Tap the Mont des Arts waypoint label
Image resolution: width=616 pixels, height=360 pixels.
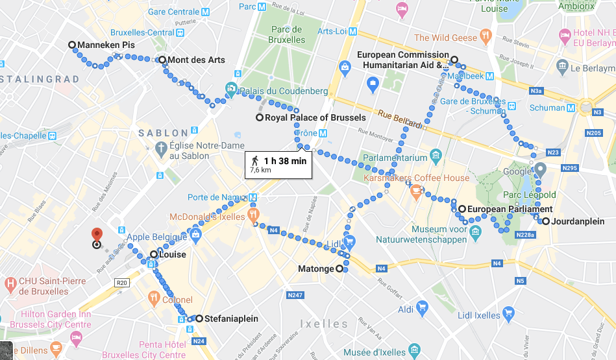click(x=195, y=60)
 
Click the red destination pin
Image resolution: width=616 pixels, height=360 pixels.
click(x=97, y=235)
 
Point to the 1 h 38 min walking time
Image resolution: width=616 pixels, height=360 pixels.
click(x=284, y=160)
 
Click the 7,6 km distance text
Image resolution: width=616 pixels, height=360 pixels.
click(x=260, y=171)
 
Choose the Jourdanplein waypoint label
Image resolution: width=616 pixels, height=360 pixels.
click(x=578, y=222)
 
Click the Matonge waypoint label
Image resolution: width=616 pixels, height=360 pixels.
click(x=315, y=269)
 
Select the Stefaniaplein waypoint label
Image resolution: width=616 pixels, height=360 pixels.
click(x=230, y=318)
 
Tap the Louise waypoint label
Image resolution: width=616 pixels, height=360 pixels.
click(x=172, y=255)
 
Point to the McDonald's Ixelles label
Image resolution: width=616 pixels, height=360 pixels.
click(x=207, y=217)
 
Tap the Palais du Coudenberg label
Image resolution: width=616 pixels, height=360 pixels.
click(x=284, y=91)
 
